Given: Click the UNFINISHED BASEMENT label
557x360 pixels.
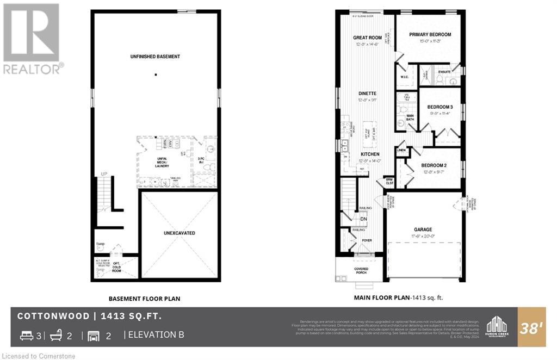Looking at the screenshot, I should (155, 57).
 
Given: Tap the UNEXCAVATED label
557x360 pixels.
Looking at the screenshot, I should (180, 233).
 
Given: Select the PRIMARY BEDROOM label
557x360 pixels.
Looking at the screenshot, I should (430, 34).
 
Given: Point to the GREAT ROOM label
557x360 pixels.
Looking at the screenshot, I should (367, 38).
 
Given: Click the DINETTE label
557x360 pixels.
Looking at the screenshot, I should (367, 94).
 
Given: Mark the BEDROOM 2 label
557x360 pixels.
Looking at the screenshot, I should (434, 165).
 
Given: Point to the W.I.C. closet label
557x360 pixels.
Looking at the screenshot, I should (404, 77).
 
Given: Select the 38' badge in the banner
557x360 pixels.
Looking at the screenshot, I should (533, 328).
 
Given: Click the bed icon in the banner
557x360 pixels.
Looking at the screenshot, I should (26, 336).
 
